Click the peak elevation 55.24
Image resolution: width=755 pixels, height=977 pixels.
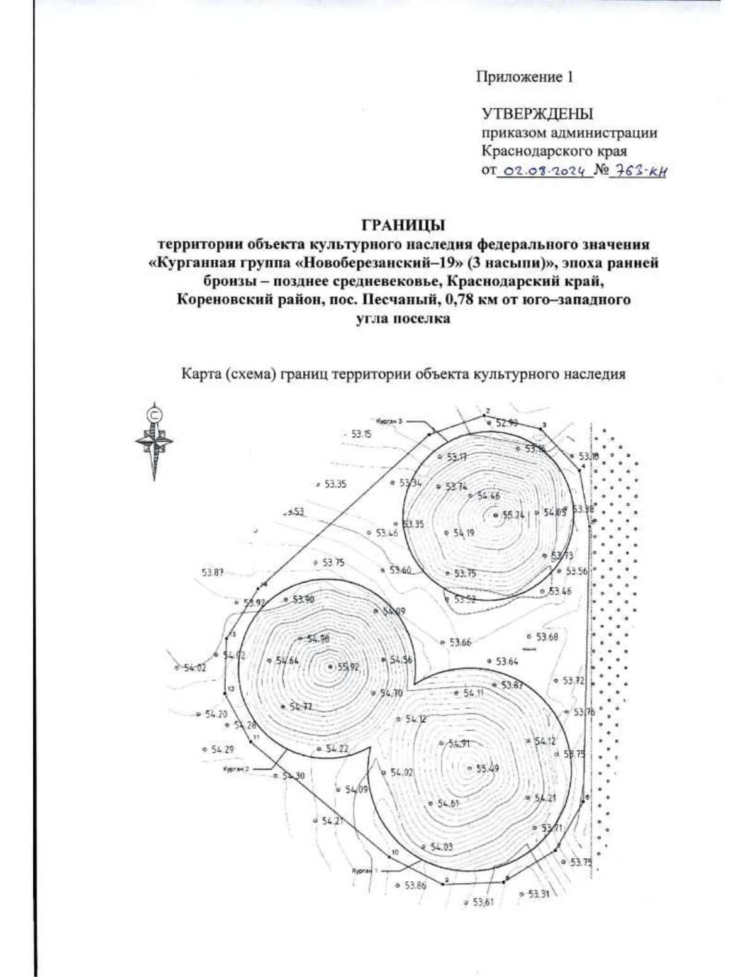tap(513, 515)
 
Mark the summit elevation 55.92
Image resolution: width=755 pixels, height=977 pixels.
tap(348, 667)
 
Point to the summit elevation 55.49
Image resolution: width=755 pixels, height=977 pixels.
tap(488, 768)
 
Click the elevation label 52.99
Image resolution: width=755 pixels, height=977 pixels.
tap(506, 423)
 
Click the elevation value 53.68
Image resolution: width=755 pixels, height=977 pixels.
tap(545, 637)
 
